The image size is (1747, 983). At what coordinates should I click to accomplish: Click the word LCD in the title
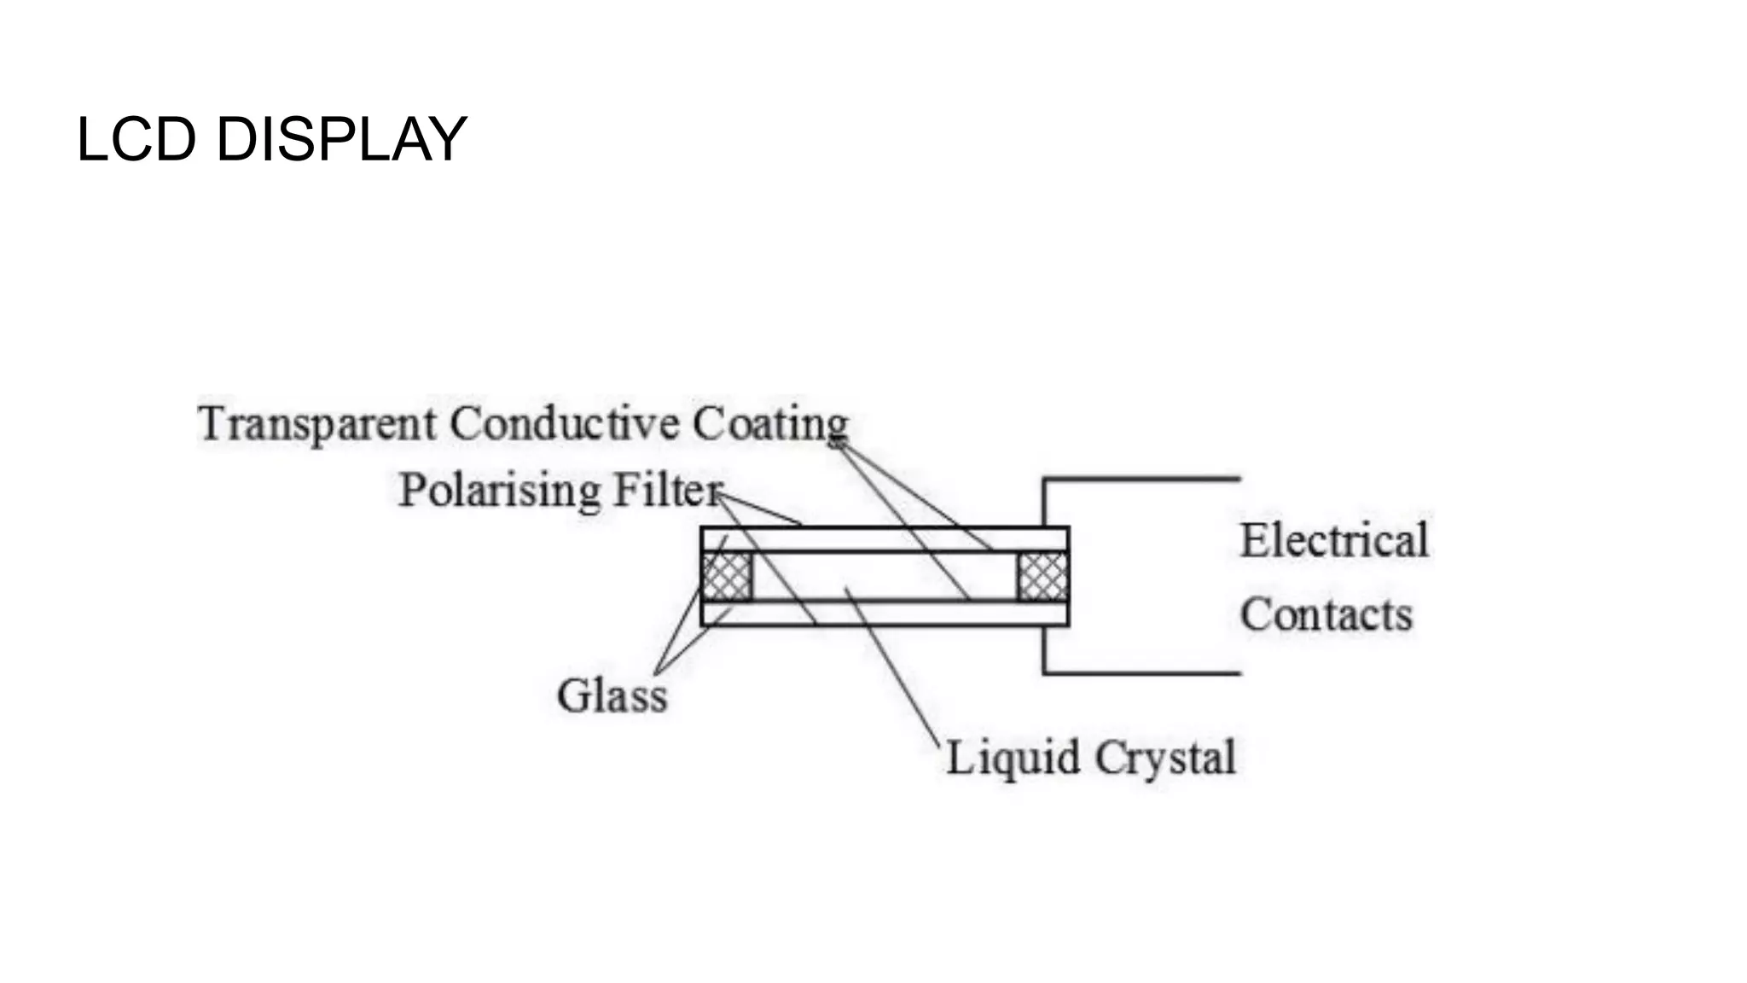pyautogui.click(x=136, y=139)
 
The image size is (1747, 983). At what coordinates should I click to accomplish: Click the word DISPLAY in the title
pyautogui.click(x=341, y=139)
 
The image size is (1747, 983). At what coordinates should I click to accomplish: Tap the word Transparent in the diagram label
pyautogui.click(x=317, y=424)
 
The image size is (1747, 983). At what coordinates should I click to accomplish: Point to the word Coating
pyautogui.click(x=770, y=424)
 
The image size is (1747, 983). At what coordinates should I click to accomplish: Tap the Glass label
pyautogui.click(x=612, y=695)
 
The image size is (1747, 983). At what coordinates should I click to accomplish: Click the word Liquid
pyautogui.click(x=1013, y=758)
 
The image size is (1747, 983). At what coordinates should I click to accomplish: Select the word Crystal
pyautogui.click(x=1165, y=758)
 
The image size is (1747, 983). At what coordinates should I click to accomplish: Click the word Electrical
pyautogui.click(x=1334, y=540)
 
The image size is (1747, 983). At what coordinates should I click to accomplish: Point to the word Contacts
pyautogui.click(x=1326, y=614)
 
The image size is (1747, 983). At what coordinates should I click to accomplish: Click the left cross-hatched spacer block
pyautogui.click(x=726, y=577)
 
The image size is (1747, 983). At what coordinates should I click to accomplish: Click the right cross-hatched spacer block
pyautogui.click(x=1042, y=577)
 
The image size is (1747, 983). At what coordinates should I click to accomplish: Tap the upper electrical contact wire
pyautogui.click(x=1143, y=480)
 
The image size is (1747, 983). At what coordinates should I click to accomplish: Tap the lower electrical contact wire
pyautogui.click(x=1143, y=673)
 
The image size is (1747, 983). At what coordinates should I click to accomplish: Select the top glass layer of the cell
pyautogui.click(x=885, y=539)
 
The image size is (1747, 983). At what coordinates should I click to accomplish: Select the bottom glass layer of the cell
pyautogui.click(x=885, y=614)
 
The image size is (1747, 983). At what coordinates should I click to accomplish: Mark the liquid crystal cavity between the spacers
pyautogui.click(x=904, y=577)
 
